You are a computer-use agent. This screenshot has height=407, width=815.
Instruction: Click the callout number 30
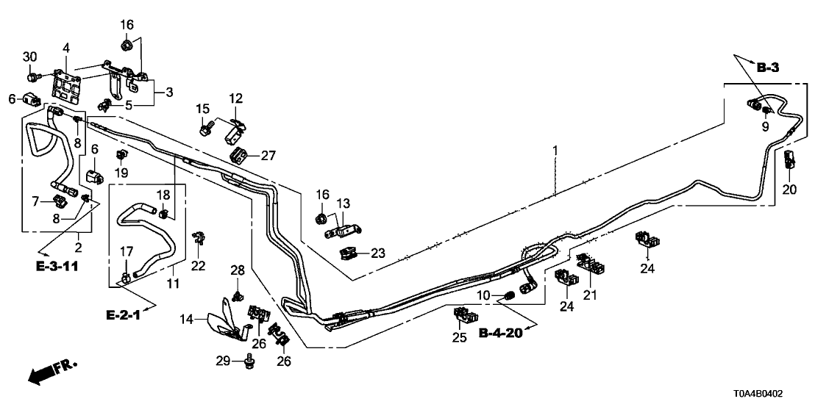coord(29,57)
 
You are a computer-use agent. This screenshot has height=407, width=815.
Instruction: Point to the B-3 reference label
coord(767,68)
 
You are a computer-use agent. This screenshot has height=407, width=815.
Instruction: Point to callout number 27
coord(268,155)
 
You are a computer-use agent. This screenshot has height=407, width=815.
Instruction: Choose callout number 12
coord(235,98)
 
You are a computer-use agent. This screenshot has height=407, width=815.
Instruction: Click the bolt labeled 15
coord(204,130)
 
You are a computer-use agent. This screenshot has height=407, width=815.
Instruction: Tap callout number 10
coord(483,295)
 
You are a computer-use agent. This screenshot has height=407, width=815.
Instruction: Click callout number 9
coord(764,127)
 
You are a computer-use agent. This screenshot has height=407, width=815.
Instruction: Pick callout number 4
coord(66,48)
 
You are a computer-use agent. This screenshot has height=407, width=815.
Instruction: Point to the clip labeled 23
coord(351,253)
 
